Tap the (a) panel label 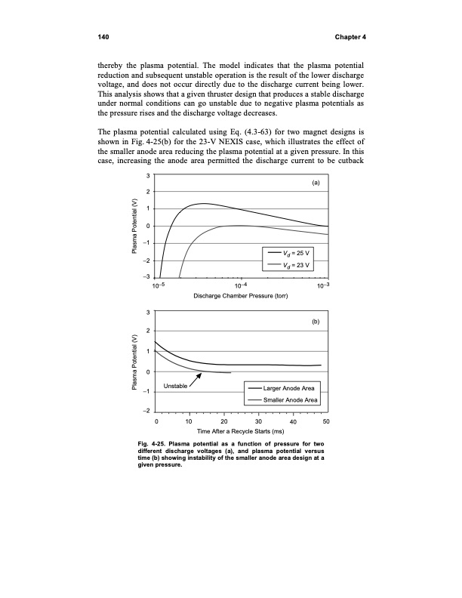[x=316, y=183]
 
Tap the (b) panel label [x=316, y=322]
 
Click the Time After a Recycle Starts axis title [x=242, y=432]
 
